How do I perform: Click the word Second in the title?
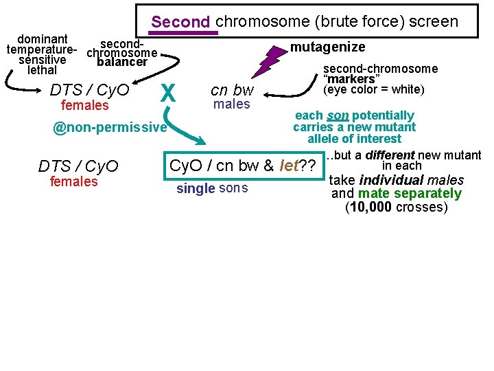[x=181, y=22]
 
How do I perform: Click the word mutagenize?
[x=327, y=47]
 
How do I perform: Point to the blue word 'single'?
[x=196, y=189]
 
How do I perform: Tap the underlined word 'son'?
[x=338, y=115]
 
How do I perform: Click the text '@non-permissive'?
[x=110, y=128]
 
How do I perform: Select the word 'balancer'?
[x=123, y=63]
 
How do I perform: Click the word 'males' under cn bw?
[x=232, y=104]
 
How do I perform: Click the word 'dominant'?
[x=43, y=39]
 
